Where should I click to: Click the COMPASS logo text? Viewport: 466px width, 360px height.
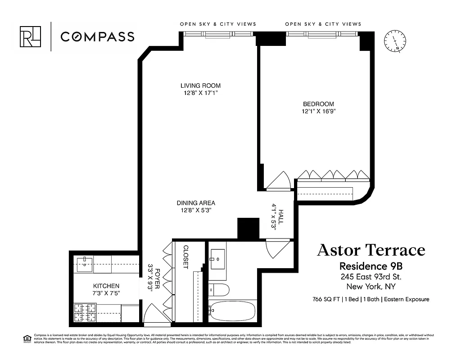[97, 36]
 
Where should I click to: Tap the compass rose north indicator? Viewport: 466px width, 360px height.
[395, 42]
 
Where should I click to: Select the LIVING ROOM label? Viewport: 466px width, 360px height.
[200, 85]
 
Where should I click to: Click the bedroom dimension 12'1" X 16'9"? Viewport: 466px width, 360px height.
[319, 111]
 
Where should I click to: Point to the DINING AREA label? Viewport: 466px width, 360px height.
[195, 202]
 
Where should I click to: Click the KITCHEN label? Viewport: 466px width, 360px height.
[106, 286]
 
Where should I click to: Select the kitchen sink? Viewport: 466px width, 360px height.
[85, 265]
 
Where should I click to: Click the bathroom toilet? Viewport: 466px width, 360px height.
[219, 289]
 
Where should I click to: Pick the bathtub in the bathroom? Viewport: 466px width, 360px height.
[232, 311]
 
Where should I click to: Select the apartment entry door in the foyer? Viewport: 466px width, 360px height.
[157, 315]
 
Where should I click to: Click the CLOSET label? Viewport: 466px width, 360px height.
[185, 257]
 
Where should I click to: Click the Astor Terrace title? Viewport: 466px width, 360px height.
[371, 250]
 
